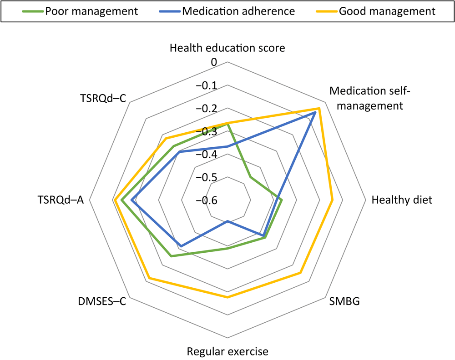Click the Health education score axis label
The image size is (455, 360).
pos(227,48)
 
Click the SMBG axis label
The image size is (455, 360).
pos(344,301)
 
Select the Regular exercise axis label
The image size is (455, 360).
pos(227,351)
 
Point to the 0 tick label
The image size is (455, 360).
pos(214,62)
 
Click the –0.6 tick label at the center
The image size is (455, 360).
pos(207,200)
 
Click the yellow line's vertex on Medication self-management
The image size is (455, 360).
pos(319,109)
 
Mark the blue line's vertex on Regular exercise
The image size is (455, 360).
pos(227,221)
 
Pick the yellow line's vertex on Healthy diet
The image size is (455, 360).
pos(333,200)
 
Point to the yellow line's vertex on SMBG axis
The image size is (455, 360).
pos(300,273)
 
